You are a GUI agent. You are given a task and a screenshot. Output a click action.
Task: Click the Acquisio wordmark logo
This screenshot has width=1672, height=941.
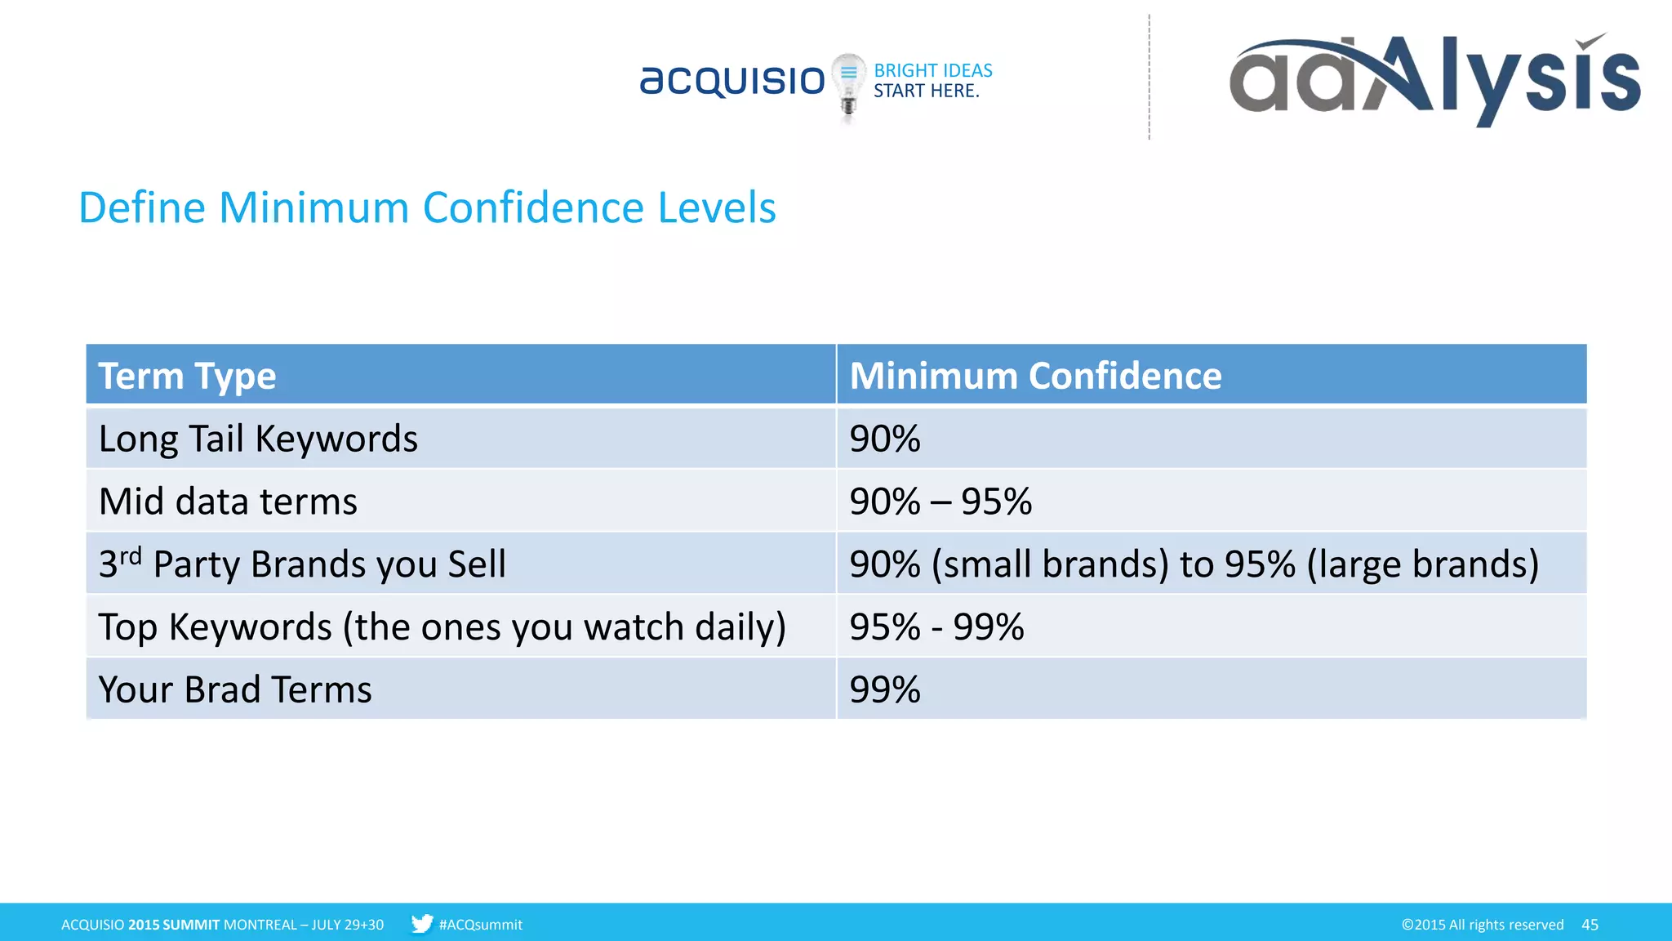[732, 81]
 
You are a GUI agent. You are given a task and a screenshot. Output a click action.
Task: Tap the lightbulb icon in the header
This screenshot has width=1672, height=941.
[848, 85]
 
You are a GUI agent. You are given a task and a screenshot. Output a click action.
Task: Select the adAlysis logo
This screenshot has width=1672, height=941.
[1434, 79]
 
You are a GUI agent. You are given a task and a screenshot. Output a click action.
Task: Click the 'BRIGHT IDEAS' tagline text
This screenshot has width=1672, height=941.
[933, 71]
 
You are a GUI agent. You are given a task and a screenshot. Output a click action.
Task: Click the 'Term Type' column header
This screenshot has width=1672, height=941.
[188, 376]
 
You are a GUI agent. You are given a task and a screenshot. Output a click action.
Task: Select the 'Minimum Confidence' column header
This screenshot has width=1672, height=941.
[1035, 376]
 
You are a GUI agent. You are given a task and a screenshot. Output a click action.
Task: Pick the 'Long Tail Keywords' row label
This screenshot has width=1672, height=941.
[258, 439]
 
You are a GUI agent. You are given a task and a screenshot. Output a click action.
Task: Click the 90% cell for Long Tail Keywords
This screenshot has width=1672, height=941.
[885, 439]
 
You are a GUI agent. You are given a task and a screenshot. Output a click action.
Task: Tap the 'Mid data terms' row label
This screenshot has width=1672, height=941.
[228, 502]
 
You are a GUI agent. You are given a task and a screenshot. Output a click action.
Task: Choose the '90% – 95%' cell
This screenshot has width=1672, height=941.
[940, 502]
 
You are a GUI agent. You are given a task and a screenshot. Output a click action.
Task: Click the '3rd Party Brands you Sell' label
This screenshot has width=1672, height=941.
[302, 564]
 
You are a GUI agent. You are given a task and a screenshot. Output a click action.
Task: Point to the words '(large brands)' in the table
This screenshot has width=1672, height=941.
[1422, 564]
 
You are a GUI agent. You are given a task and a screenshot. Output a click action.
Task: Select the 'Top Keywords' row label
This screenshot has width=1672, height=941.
[442, 627]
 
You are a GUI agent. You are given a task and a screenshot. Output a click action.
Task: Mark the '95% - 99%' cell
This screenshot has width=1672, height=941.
[936, 627]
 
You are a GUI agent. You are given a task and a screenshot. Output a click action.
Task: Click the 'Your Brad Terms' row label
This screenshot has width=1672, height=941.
[235, 690]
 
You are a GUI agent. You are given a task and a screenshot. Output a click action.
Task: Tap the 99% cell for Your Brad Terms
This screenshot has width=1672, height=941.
[885, 690]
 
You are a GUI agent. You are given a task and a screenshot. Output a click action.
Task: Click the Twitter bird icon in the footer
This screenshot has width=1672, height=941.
[422, 924]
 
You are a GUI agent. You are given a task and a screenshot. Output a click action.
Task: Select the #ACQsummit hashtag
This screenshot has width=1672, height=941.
[480, 925]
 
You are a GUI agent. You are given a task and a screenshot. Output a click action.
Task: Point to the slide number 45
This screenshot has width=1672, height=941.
[1590, 925]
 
